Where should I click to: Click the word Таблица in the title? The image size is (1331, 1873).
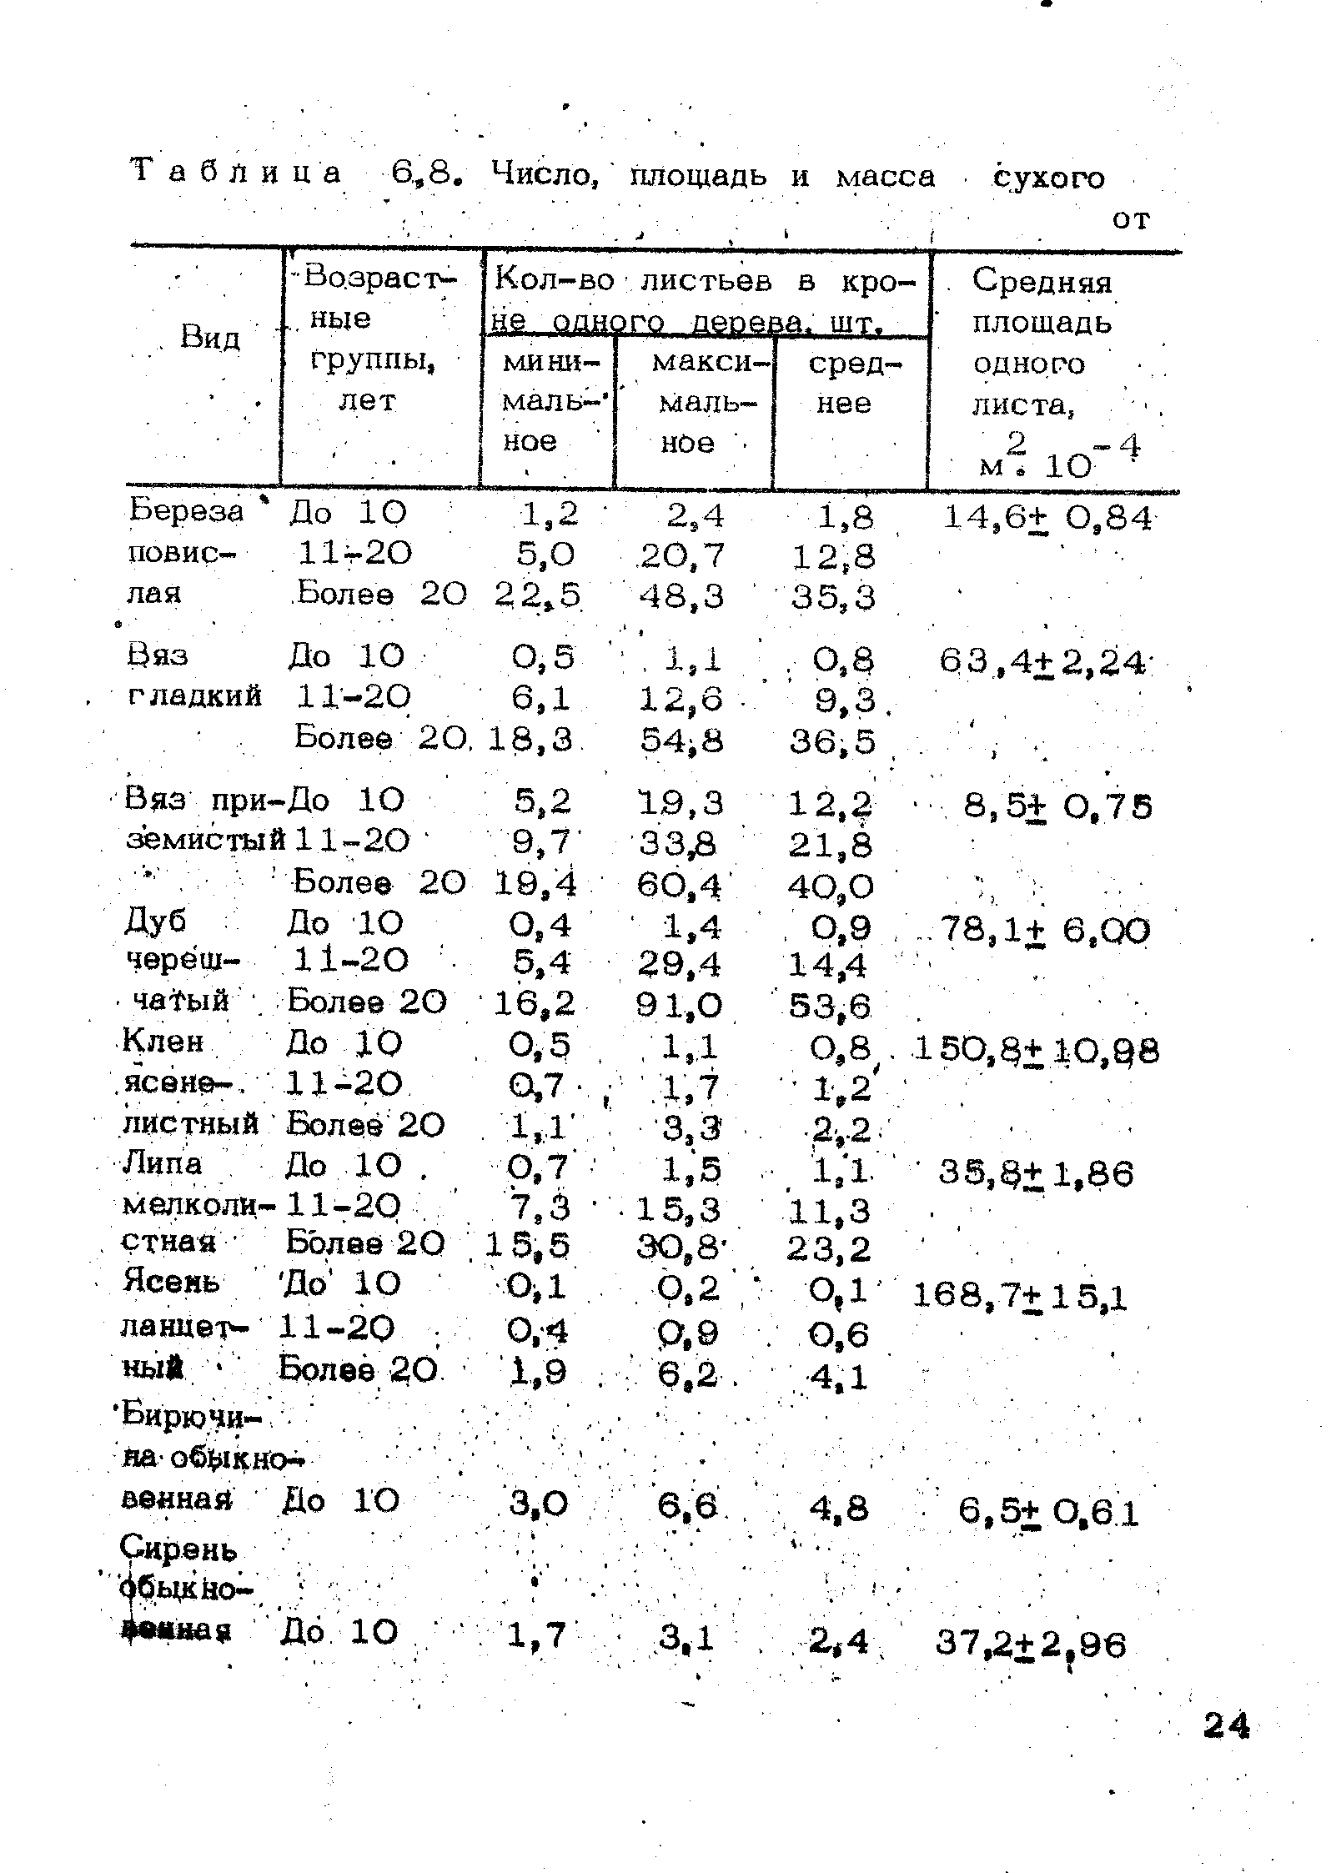tap(237, 173)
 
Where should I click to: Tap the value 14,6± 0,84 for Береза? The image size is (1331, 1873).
tap(1047, 518)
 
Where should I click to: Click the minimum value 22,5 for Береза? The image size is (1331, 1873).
tap(538, 595)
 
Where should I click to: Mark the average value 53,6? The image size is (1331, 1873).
tap(831, 1007)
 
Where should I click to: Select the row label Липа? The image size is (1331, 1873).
tap(163, 1163)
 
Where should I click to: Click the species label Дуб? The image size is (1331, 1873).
tap(154, 921)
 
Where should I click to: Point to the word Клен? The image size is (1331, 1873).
tap(163, 1042)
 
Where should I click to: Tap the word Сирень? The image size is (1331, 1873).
tap(179, 1549)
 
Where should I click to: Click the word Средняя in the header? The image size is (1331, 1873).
tap(1042, 282)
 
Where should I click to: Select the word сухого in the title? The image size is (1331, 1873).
tap(1049, 178)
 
